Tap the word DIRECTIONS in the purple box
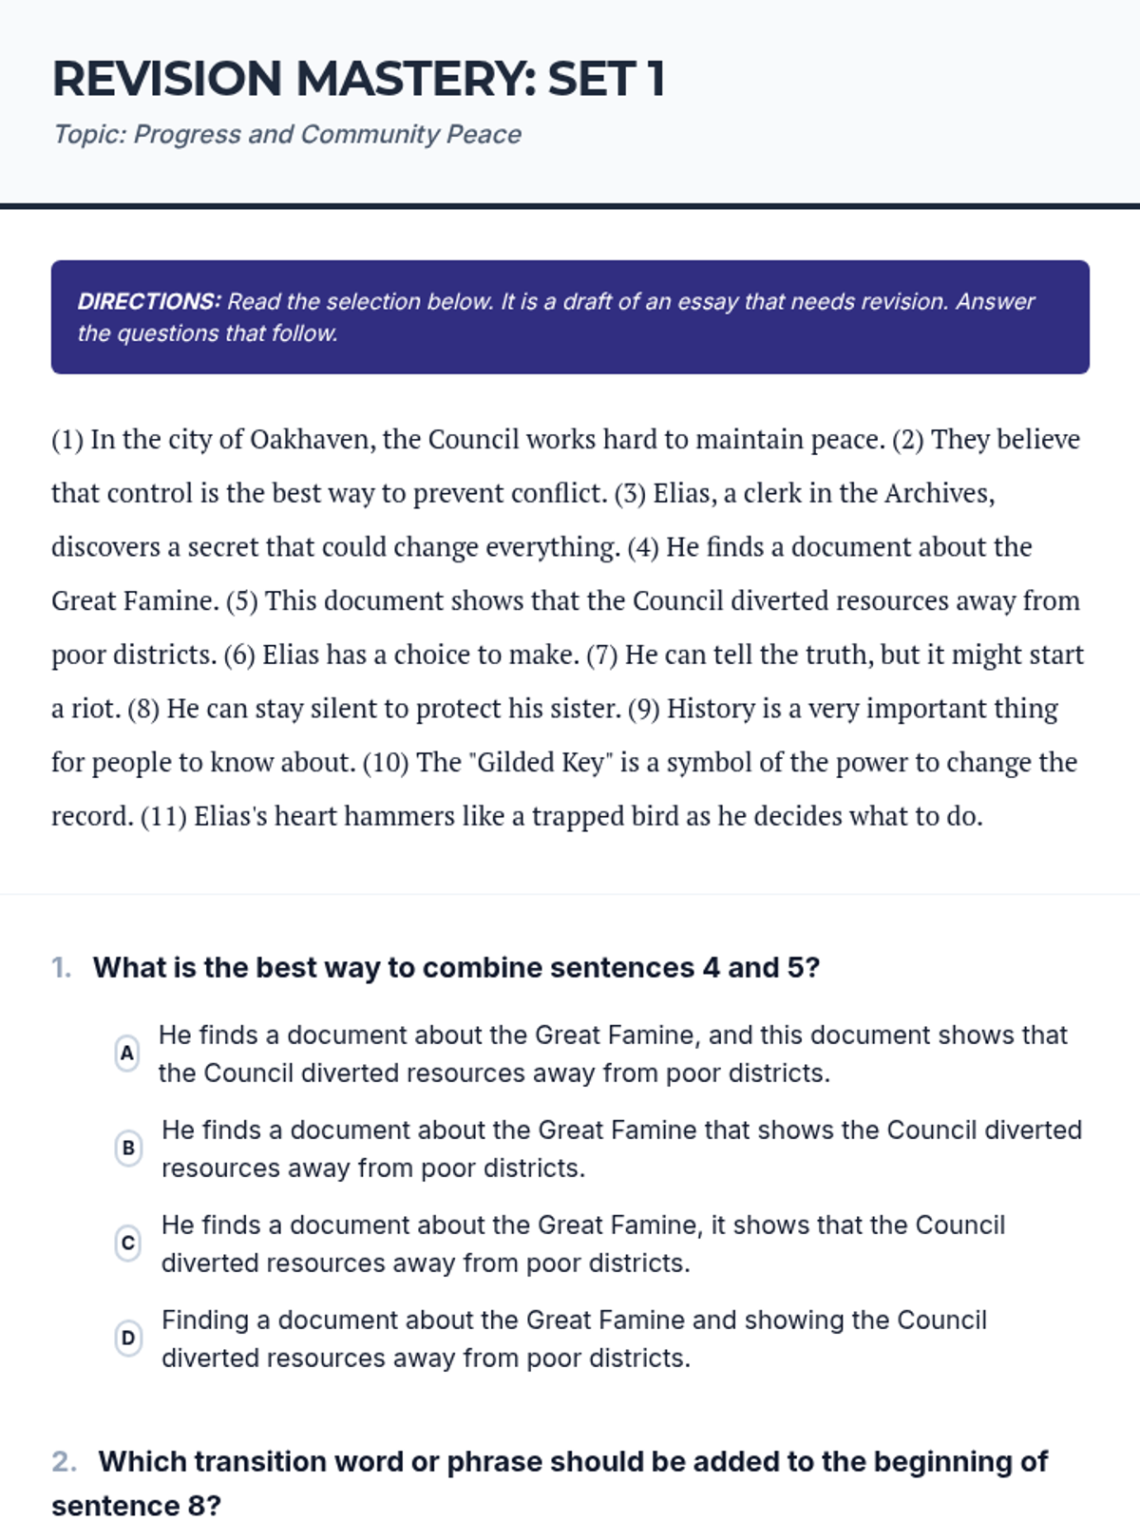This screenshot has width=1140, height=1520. pyautogui.click(x=149, y=301)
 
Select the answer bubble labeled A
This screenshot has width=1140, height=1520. pyautogui.click(x=126, y=1053)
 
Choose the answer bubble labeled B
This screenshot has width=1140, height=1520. pyautogui.click(x=128, y=1148)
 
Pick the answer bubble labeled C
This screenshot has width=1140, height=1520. pyautogui.click(x=128, y=1243)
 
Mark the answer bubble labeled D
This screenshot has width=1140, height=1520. pyautogui.click(x=128, y=1338)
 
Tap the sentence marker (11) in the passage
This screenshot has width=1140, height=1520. pyautogui.click(x=162, y=816)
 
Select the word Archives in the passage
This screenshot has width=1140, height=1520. pyautogui.click(x=938, y=493)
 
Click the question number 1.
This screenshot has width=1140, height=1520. pyautogui.click(x=61, y=968)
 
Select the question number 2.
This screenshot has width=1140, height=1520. pyautogui.click(x=64, y=1462)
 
